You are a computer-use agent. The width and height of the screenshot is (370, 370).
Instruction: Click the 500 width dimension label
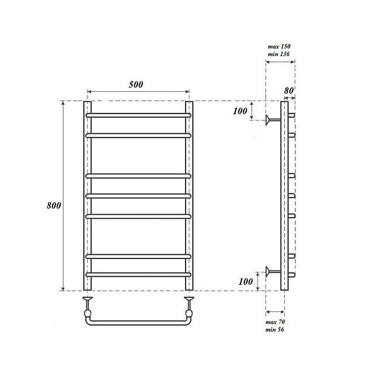(136, 84)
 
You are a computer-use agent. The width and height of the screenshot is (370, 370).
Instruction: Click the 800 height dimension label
(54, 205)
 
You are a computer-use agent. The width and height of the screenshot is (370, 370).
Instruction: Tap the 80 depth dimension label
(289, 91)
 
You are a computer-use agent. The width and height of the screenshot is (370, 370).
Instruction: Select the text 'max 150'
(279, 46)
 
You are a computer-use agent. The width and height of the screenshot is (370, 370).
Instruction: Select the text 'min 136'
(279, 54)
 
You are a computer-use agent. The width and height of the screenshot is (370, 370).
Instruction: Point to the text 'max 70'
(275, 322)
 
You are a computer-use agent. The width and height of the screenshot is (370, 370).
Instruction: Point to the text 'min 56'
(274, 329)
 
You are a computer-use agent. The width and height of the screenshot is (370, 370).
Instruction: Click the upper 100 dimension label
(240, 111)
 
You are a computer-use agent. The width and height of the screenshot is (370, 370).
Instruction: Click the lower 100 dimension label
(245, 282)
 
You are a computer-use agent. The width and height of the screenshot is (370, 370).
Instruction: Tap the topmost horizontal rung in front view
(138, 115)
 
